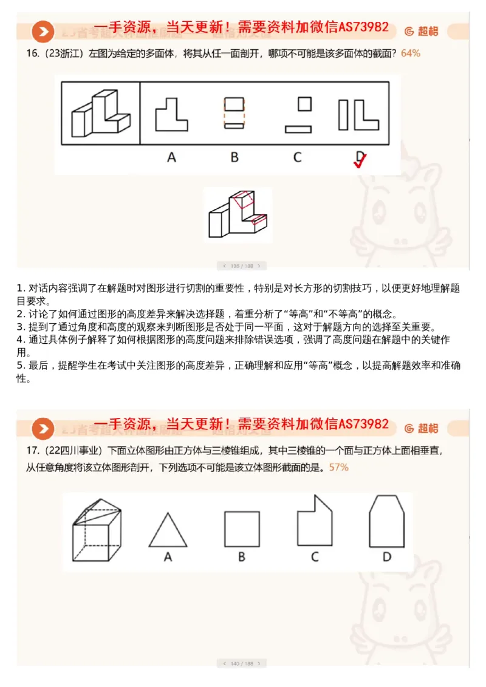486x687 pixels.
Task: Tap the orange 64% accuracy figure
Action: click(x=410, y=53)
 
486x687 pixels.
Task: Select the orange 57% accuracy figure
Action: click(x=338, y=468)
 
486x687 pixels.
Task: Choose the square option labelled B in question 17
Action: click(x=242, y=529)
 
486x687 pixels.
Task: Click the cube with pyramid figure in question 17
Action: click(x=97, y=527)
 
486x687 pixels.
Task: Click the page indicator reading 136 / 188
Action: click(x=242, y=265)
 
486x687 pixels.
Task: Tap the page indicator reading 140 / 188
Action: click(x=242, y=663)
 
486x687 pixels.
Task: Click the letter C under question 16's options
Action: click(x=297, y=157)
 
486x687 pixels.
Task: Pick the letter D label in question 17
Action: click(x=386, y=556)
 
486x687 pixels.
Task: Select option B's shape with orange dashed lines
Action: click(x=234, y=113)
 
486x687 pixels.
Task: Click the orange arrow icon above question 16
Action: click(x=43, y=31)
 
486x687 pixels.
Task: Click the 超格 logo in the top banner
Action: click(x=422, y=31)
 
